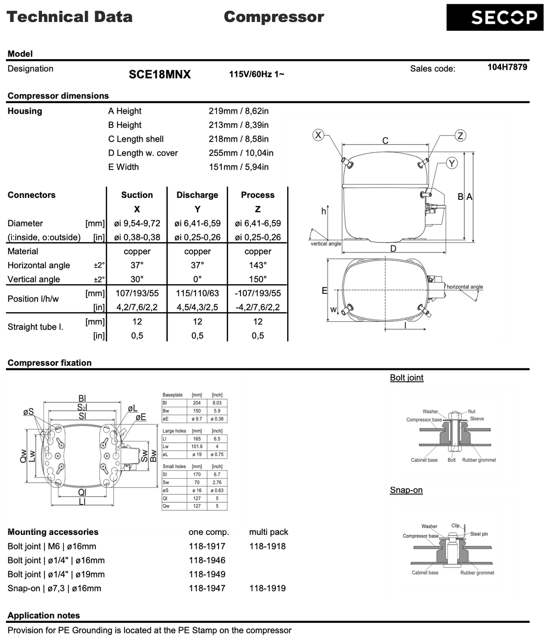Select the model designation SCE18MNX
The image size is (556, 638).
[159, 74]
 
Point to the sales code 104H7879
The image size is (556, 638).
[507, 67]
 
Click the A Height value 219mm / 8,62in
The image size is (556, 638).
[239, 111]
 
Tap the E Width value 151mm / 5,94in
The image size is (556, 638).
[239, 167]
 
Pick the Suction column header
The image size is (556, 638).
[137, 195]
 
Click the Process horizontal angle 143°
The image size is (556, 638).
[258, 265]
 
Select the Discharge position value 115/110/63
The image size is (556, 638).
[197, 293]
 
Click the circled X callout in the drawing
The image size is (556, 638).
[317, 135]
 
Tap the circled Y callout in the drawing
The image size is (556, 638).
[452, 163]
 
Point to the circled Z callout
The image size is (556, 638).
[460, 135]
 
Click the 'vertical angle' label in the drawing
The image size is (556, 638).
[326, 244]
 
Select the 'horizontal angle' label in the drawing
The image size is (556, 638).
[464, 287]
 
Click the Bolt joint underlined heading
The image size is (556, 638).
[407, 378]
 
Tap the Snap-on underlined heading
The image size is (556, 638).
[406, 490]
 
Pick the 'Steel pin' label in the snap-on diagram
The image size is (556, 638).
[479, 534]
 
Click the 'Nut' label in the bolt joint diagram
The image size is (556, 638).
[472, 412]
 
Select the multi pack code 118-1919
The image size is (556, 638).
[267, 588]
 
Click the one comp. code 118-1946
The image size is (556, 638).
[207, 560]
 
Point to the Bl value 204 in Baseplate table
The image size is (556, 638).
[197, 403]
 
